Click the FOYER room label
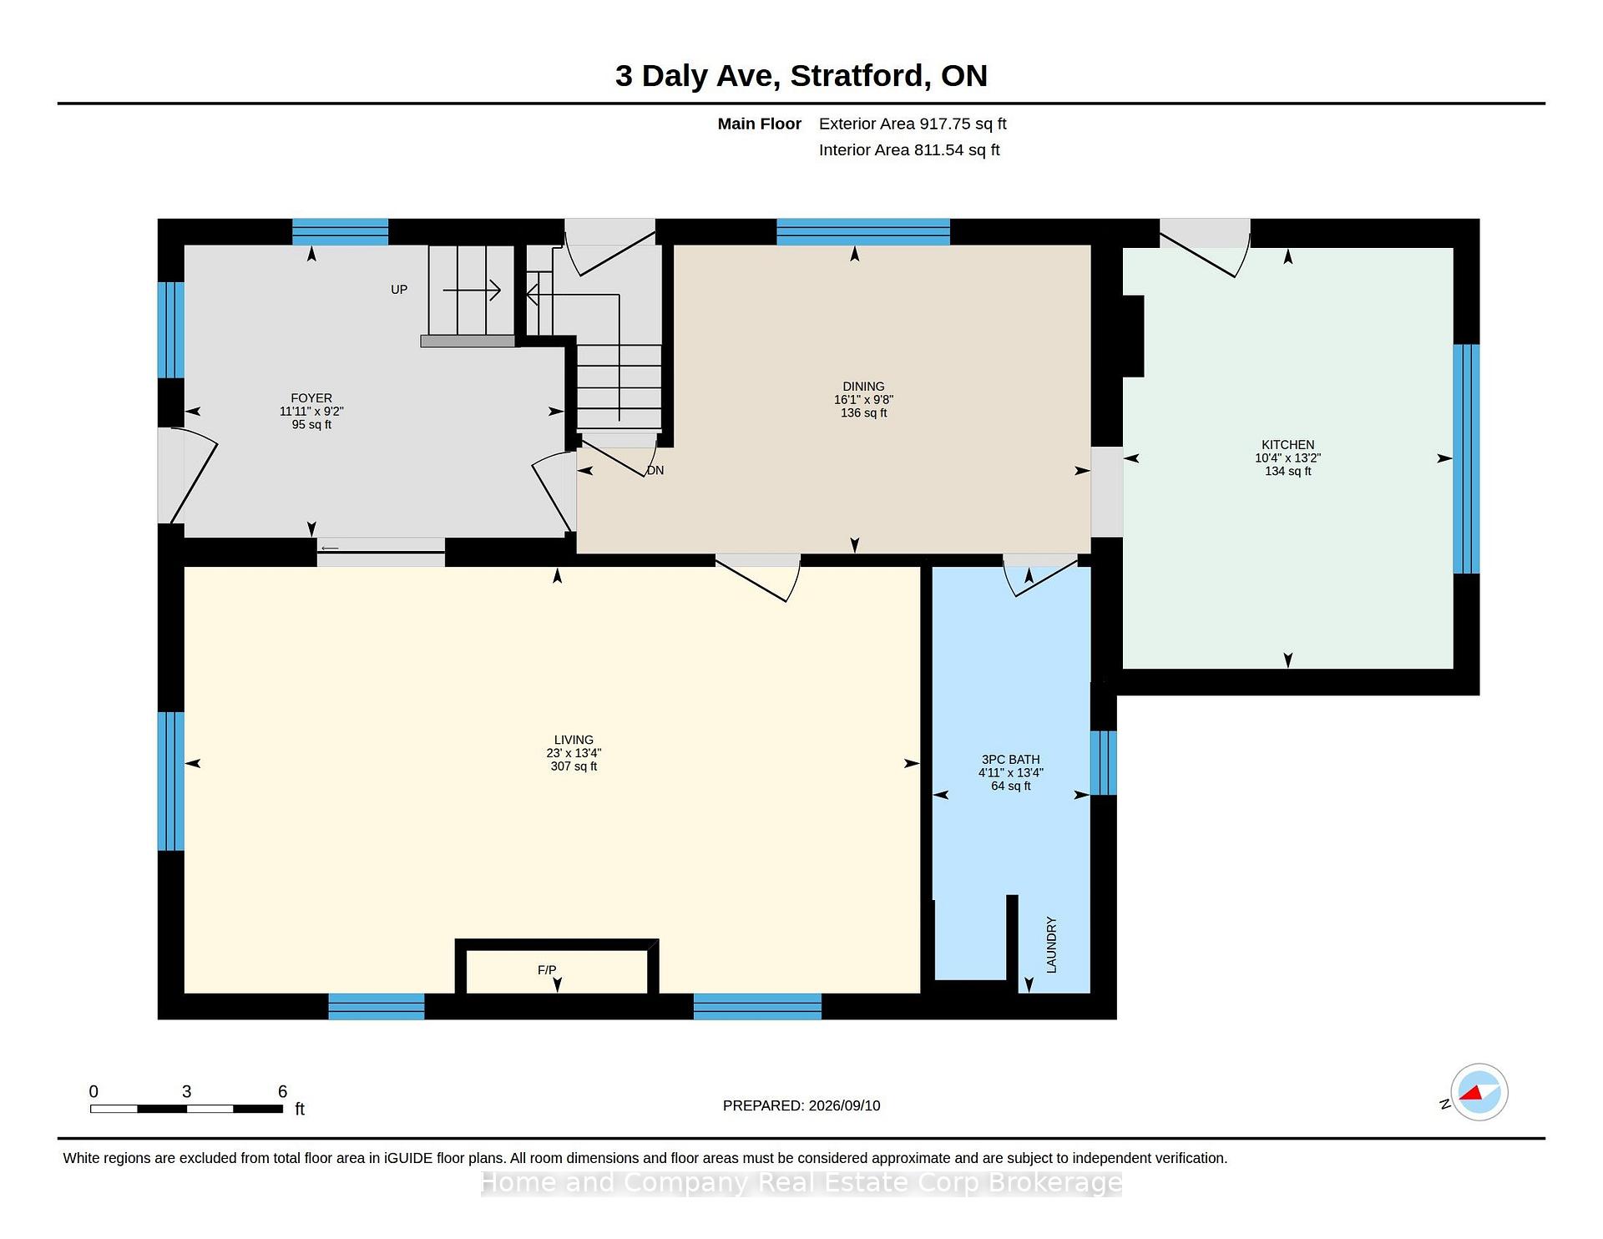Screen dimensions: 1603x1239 (x=311, y=398)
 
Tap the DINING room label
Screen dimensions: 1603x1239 (x=863, y=387)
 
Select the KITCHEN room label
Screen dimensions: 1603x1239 (x=1287, y=445)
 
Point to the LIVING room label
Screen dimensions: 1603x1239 (x=574, y=740)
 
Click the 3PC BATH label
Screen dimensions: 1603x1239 (x=1010, y=760)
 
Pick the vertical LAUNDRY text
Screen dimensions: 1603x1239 (x=1051, y=944)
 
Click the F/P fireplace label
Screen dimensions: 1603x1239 (x=547, y=970)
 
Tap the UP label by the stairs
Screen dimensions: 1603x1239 (x=399, y=290)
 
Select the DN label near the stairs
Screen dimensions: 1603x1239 (x=655, y=470)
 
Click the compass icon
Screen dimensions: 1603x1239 (x=1479, y=1092)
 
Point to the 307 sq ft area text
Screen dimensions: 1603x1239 (x=574, y=766)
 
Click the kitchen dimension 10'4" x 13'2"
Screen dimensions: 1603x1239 (x=1287, y=458)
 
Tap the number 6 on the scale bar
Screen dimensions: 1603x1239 (x=282, y=1092)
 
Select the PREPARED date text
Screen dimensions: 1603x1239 (x=801, y=1105)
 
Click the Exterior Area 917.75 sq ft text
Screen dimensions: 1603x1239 (x=913, y=124)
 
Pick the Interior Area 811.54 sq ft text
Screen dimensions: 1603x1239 (x=909, y=150)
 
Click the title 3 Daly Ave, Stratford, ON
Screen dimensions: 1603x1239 (x=801, y=76)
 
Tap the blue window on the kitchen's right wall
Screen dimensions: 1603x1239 (x=1466, y=459)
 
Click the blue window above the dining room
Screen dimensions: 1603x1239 (x=863, y=231)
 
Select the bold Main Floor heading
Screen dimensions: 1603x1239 (x=760, y=124)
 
